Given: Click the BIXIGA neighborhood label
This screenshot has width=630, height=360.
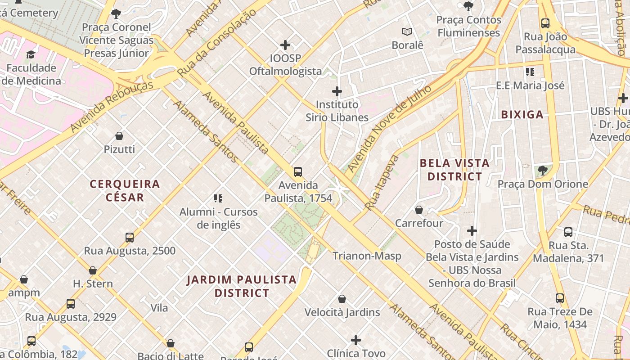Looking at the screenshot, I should click(522, 115).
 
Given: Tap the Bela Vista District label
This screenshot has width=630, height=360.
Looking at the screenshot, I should click(454, 170).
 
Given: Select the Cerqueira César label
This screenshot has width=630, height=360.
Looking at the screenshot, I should click(125, 190).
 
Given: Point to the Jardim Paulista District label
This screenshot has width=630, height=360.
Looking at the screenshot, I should click(242, 286).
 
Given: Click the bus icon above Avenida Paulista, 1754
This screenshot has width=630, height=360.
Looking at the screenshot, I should click(297, 171).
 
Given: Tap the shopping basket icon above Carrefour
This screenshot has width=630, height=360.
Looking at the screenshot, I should click(419, 210).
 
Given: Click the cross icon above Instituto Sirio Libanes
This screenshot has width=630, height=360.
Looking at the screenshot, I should click(337, 91).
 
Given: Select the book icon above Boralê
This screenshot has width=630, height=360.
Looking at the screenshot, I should click(407, 31).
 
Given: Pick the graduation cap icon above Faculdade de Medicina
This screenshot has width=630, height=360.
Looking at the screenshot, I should click(31, 55).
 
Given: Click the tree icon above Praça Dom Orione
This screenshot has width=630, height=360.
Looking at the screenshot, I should click(543, 170).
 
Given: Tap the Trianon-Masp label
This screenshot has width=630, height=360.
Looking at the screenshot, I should click(367, 256).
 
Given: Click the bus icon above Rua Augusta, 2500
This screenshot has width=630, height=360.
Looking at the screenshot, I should click(130, 237).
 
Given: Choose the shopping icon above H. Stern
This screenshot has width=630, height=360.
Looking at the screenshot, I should click(93, 270).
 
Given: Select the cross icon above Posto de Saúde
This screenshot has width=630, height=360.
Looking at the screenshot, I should click(472, 231).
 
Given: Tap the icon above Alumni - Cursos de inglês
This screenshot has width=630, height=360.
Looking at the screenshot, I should click(218, 198).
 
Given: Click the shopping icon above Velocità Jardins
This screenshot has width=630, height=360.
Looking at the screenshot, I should click(342, 299).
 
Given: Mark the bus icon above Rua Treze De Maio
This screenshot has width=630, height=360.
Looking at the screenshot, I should click(559, 298).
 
